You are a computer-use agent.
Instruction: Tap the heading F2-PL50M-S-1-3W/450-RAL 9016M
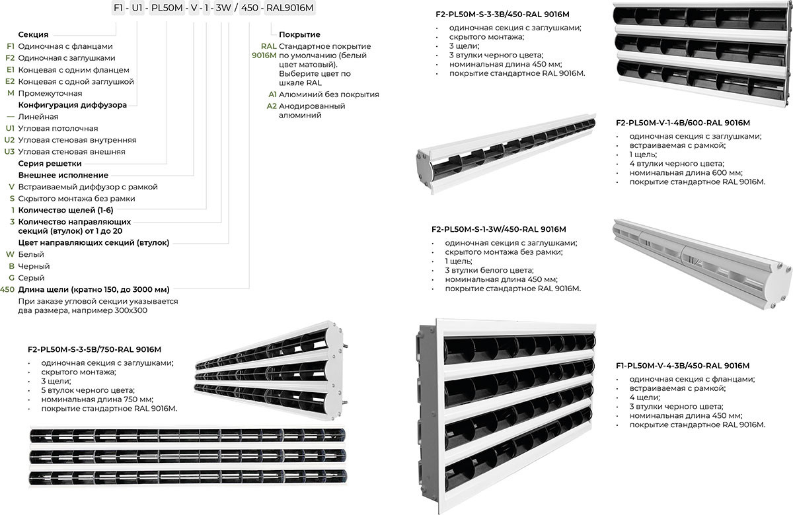pos(498,229)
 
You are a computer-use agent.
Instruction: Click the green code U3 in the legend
pos(9,151)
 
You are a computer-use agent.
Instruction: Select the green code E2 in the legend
pos(9,81)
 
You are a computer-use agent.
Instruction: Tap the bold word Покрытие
pos(299,34)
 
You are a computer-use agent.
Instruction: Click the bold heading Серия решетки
pos(50,163)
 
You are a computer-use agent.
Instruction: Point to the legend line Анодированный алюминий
pos(311,110)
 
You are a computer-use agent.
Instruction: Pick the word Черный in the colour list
pos(34,266)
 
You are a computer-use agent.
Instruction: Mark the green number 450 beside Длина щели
pos(7,289)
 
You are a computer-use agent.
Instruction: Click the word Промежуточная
pos(50,93)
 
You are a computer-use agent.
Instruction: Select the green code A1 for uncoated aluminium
pos(271,94)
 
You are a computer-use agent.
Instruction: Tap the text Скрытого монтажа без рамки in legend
pos(77,198)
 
